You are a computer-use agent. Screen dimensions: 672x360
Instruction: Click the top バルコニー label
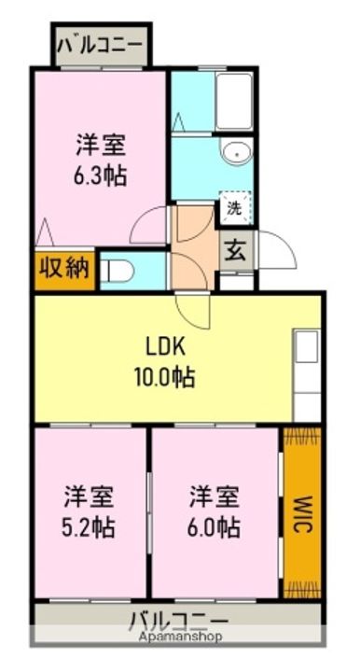coord(101,44)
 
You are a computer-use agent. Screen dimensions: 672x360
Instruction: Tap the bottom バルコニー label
coord(178,621)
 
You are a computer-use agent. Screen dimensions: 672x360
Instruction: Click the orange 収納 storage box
coord(64,269)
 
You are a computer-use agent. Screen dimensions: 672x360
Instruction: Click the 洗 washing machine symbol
coord(233,209)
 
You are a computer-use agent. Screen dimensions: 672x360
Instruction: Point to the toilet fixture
coord(118,270)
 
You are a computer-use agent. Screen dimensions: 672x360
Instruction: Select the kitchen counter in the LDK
coord(307,373)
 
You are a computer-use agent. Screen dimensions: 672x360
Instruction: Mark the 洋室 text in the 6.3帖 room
coord(102,146)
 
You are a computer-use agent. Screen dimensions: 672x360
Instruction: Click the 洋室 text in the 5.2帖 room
coord(90,495)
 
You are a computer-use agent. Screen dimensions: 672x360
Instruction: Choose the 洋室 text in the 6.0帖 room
coord(214,495)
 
